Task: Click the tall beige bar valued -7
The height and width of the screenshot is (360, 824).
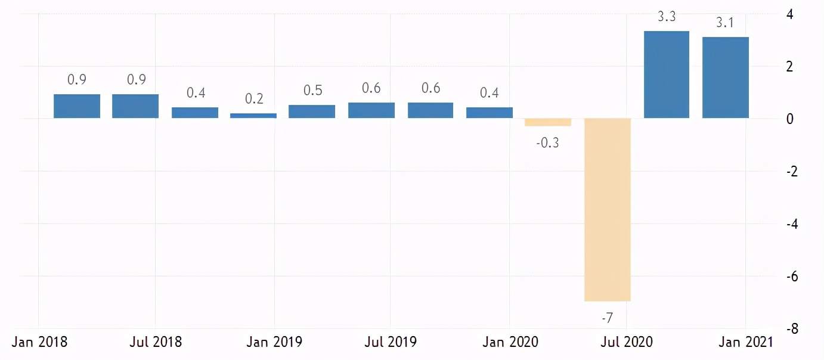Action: pyautogui.click(x=608, y=210)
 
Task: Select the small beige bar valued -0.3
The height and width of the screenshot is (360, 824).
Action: pyautogui.click(x=548, y=122)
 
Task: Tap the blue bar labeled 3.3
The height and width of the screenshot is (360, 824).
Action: pyautogui.click(x=667, y=75)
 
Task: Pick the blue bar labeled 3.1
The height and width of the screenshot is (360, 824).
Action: pyautogui.click(x=726, y=77)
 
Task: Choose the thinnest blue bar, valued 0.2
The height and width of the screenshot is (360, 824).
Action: pyautogui.click(x=253, y=116)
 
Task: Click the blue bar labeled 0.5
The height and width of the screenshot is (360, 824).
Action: pyautogui.click(x=312, y=111)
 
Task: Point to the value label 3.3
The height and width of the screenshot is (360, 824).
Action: pyautogui.click(x=667, y=17)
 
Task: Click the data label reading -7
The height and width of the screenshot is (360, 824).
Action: pyautogui.click(x=608, y=317)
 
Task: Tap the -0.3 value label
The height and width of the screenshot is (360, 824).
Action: pyautogui.click(x=548, y=142)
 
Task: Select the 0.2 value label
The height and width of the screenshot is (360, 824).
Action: pyautogui.click(x=254, y=98)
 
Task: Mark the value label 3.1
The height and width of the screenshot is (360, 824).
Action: pyautogui.click(x=725, y=23)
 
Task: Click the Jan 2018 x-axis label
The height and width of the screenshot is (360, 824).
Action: pyautogui.click(x=39, y=342)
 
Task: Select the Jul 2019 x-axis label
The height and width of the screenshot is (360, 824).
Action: pyautogui.click(x=391, y=342)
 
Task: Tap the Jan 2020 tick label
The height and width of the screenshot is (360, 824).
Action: pyautogui.click(x=510, y=342)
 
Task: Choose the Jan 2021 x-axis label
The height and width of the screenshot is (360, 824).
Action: pyautogui.click(x=746, y=342)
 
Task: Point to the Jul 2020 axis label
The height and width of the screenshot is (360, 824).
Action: pyautogui.click(x=627, y=342)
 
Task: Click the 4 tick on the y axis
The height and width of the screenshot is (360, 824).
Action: pyautogui.click(x=789, y=15)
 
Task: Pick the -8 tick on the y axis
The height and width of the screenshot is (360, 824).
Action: pyautogui.click(x=792, y=328)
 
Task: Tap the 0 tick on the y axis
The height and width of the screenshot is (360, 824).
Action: pyautogui.click(x=790, y=119)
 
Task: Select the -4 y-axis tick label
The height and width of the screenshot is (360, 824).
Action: pyautogui.click(x=792, y=224)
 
